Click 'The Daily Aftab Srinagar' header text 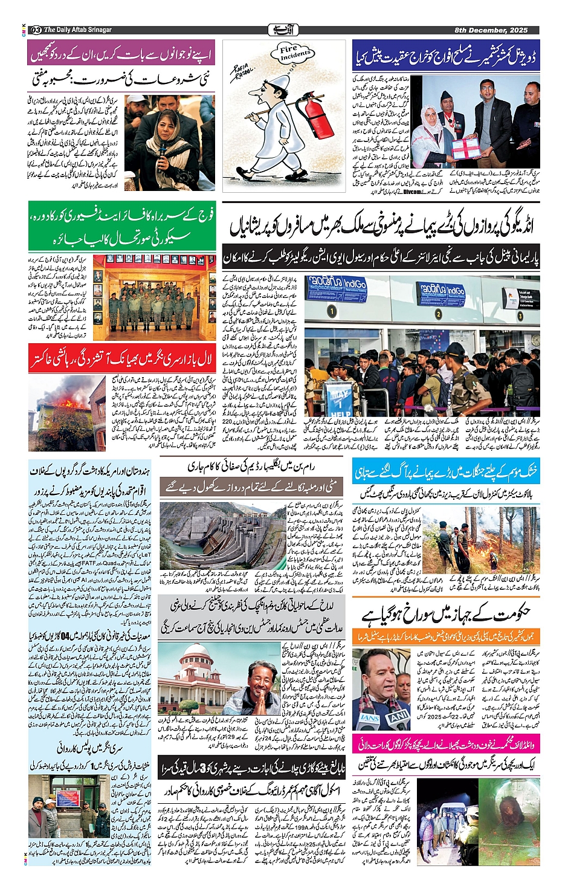tap(78, 30)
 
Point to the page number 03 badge tap(36, 30)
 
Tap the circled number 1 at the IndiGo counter tap(332, 311)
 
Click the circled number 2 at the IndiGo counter tap(439, 314)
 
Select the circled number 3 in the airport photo tap(520, 315)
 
